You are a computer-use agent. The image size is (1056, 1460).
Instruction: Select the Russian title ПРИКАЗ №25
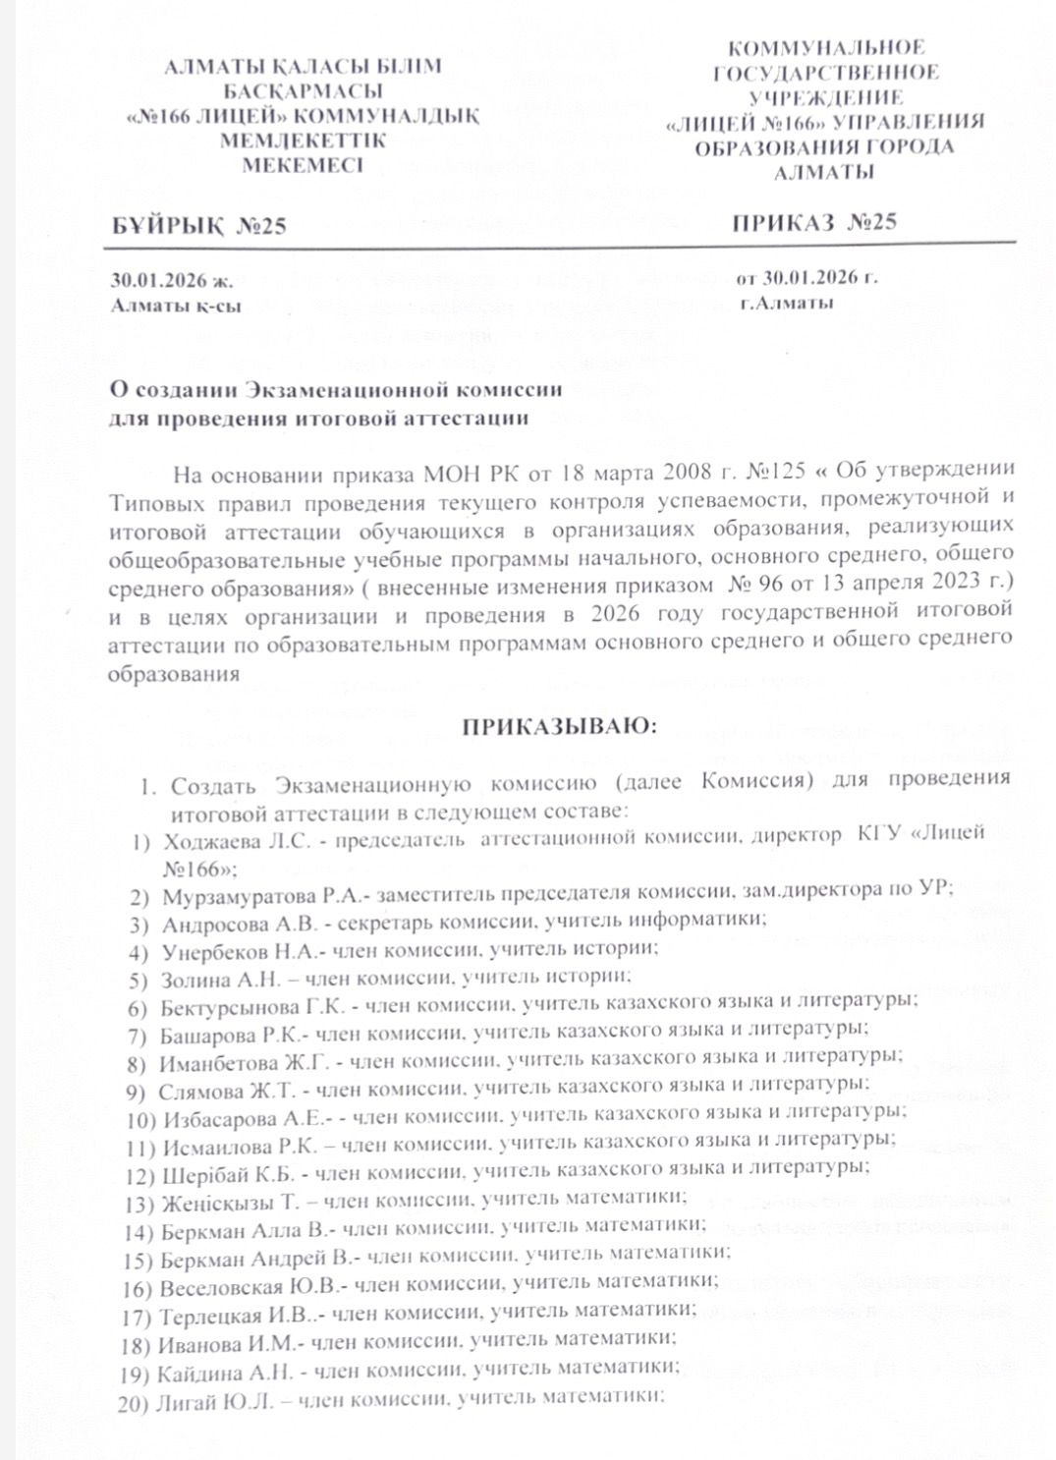point(814,222)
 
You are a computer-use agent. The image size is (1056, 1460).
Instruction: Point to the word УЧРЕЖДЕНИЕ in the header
point(825,97)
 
